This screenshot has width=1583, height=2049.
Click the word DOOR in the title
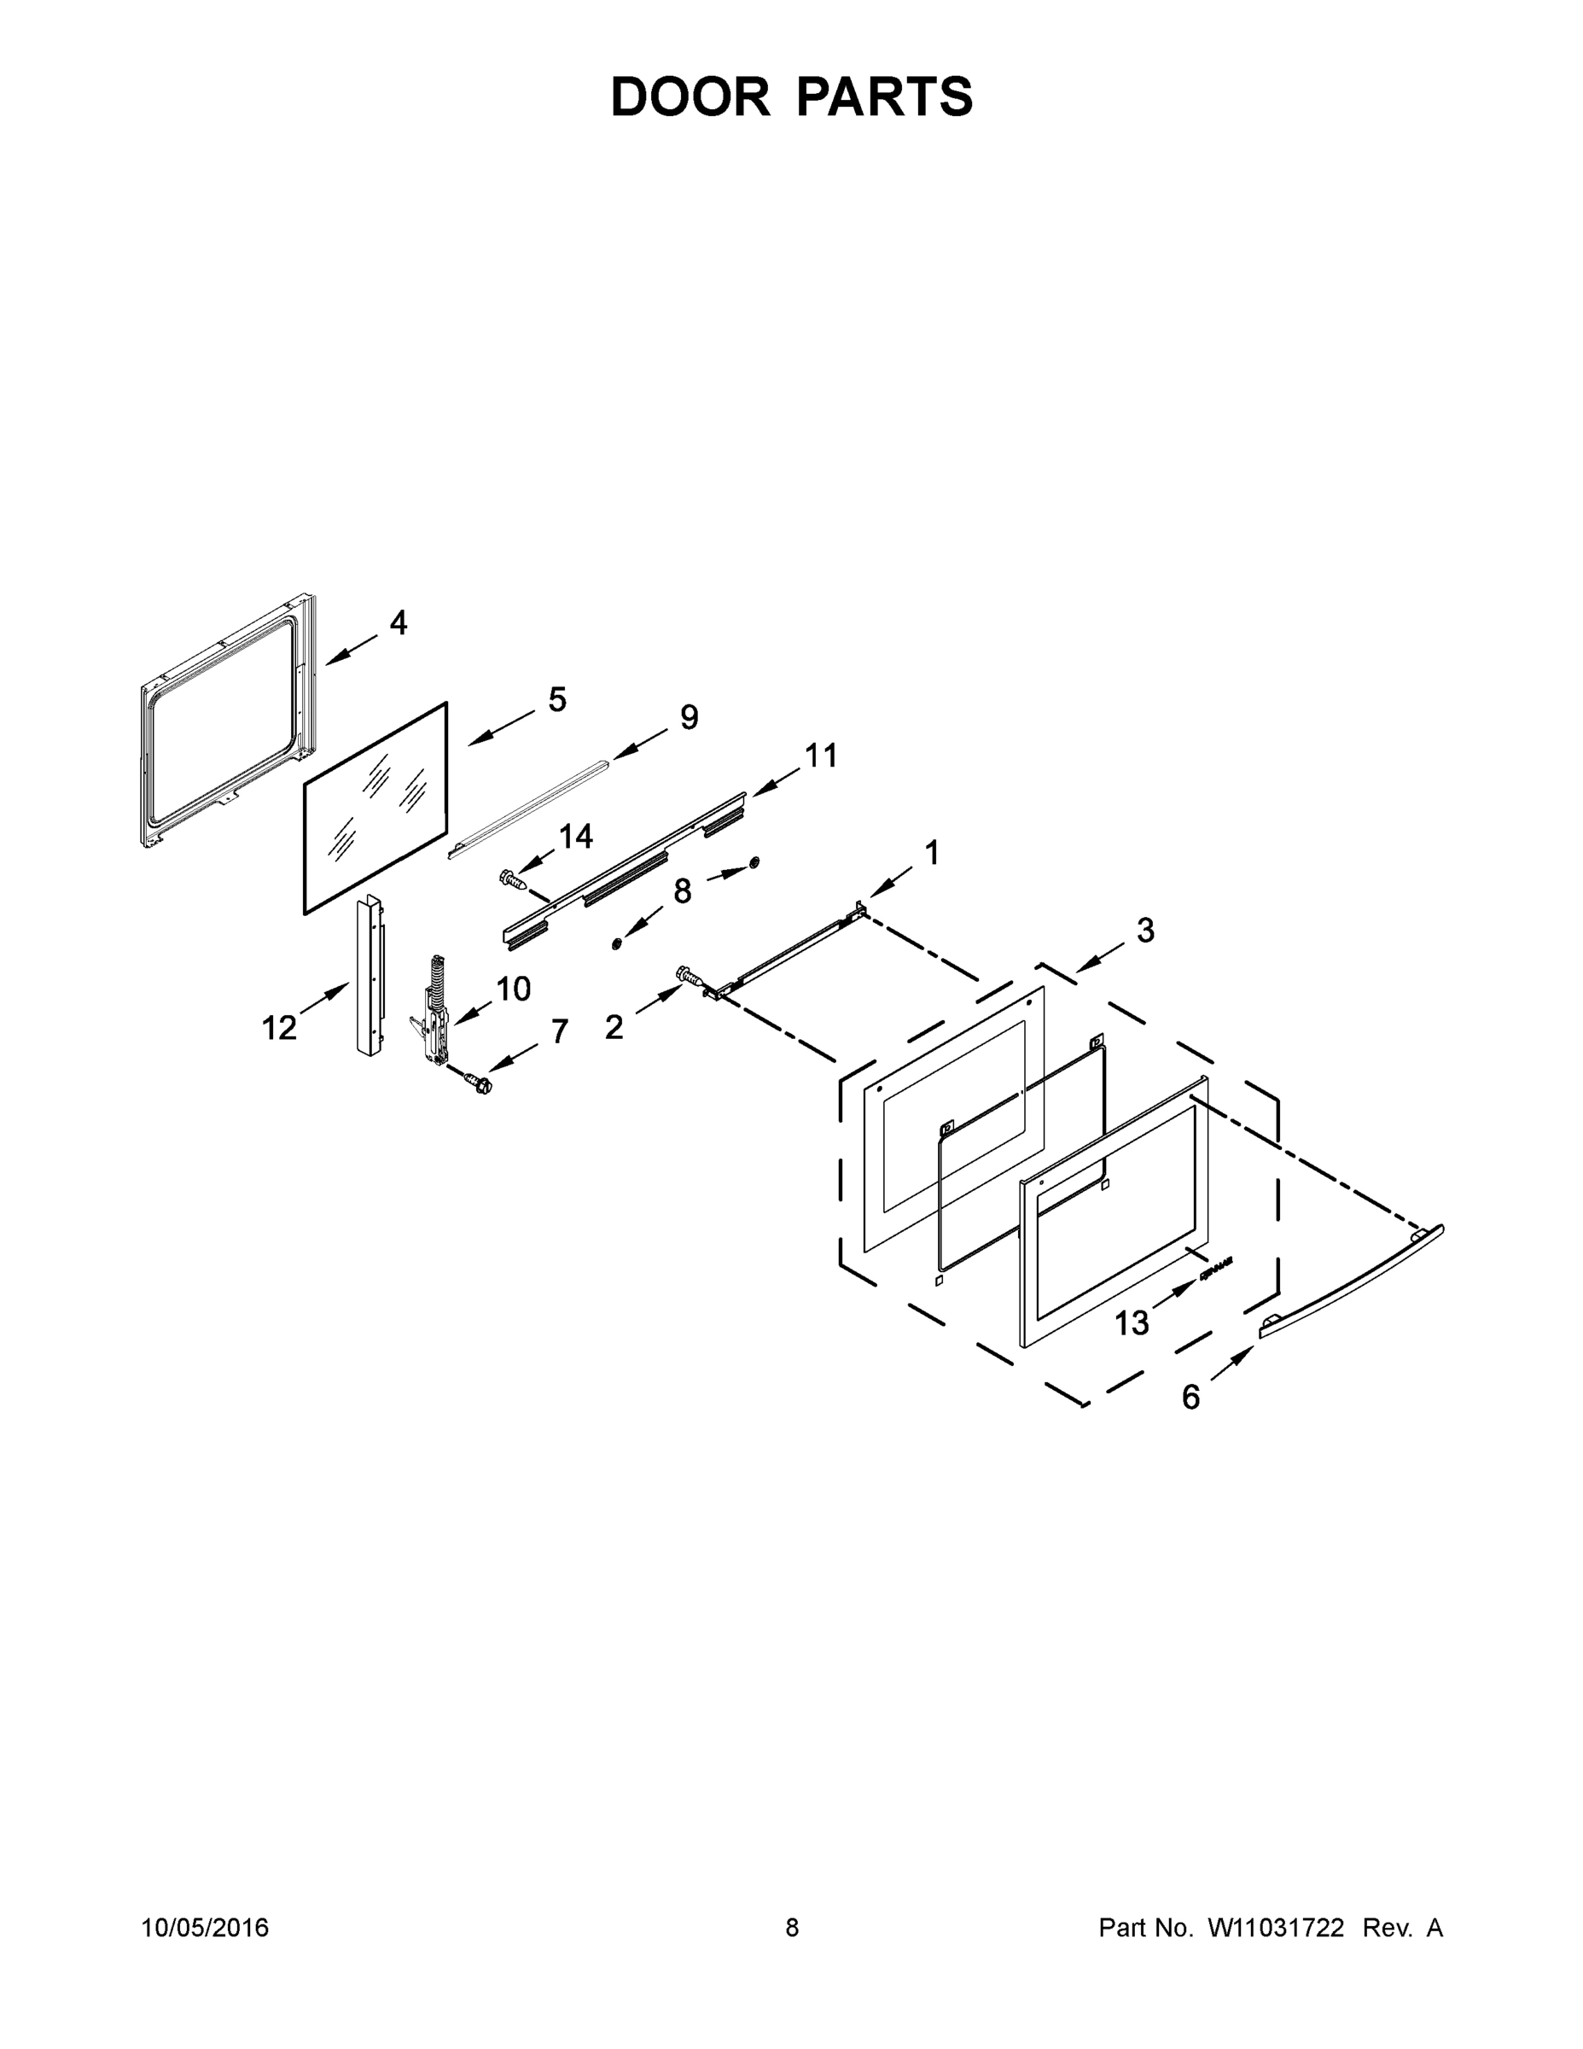pyautogui.click(x=690, y=96)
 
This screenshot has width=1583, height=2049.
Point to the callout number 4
pyautogui.click(x=399, y=622)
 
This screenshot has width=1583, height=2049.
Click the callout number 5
pyautogui.click(x=557, y=699)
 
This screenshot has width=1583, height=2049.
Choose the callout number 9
pyautogui.click(x=690, y=717)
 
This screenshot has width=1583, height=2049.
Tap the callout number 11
pyautogui.click(x=822, y=756)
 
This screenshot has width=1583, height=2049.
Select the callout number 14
pyautogui.click(x=576, y=836)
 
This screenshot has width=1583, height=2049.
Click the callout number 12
pyautogui.click(x=279, y=1028)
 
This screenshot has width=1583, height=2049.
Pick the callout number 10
pyautogui.click(x=513, y=988)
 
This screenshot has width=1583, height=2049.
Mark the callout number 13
pyautogui.click(x=1132, y=1322)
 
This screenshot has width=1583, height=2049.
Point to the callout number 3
pyautogui.click(x=1145, y=931)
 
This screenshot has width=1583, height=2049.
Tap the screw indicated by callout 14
pyautogui.click(x=511, y=879)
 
